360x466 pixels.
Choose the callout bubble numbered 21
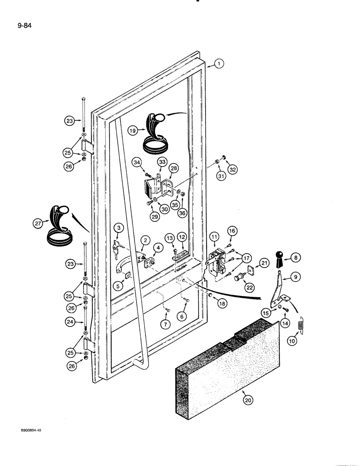[264, 264]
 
